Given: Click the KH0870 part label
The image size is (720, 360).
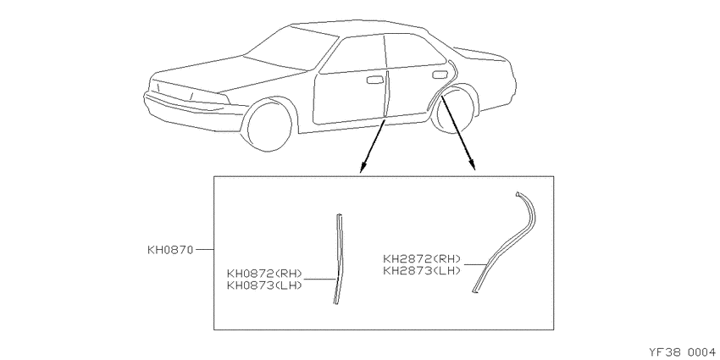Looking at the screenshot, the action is coord(170,250).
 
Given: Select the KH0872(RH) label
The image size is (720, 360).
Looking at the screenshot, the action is coord(264,274).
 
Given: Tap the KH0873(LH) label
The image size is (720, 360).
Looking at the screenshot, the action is coord(264,285).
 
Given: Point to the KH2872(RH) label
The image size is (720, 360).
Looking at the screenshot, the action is coord(422,259).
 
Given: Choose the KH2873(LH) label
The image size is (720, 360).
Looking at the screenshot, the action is coord(422,270).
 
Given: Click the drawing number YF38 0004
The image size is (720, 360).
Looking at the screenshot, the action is coord(684,352).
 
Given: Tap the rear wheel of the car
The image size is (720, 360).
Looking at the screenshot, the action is coord(455,113).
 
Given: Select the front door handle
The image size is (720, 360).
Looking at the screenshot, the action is coord(374,80).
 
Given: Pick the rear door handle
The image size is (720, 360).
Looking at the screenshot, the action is coord(440,75).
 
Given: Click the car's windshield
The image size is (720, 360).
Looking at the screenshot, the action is coord(290,47).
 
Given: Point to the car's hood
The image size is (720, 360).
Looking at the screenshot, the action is coord(230,74).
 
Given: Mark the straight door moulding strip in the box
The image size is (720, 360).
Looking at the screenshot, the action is coord(339,258).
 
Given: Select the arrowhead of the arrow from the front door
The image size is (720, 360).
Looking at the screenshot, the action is coord(363,168).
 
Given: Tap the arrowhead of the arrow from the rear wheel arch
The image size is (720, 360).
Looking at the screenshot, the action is coord(473,165).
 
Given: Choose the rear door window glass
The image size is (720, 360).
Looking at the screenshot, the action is coord(414,51).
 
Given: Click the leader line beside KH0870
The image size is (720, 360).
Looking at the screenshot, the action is coord(204,250).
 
